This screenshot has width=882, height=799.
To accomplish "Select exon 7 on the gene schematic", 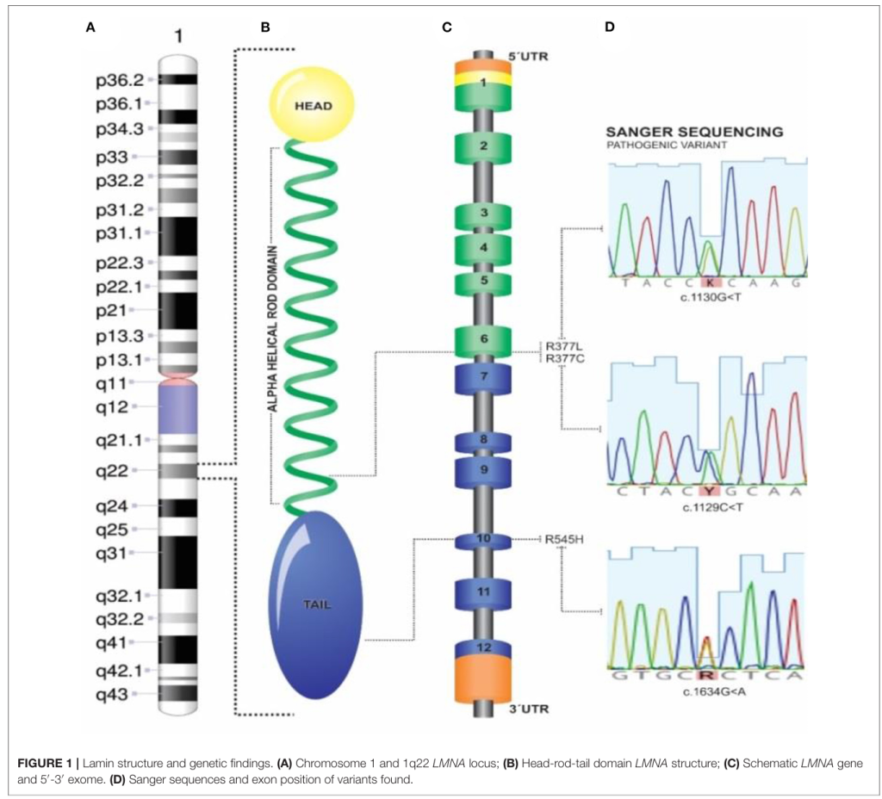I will pyautogui.click(x=484, y=378).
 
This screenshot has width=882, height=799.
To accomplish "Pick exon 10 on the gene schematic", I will pyautogui.click(x=483, y=539).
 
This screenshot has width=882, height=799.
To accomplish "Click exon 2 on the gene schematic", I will pyautogui.click(x=484, y=146).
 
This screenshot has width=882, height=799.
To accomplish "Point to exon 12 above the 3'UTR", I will pyautogui.click(x=484, y=647).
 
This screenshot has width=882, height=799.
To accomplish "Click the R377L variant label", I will pyautogui.click(x=564, y=346).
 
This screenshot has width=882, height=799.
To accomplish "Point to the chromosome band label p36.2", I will pyautogui.click(x=119, y=80).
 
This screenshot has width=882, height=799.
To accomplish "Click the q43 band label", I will pyautogui.click(x=113, y=692).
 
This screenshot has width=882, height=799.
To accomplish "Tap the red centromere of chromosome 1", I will pyautogui.click(x=179, y=378).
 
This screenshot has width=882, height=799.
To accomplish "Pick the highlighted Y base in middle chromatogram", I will pyautogui.click(x=710, y=491).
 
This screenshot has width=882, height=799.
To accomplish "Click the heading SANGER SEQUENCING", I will pyautogui.click(x=694, y=132).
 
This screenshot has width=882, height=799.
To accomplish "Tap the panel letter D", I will pyautogui.click(x=610, y=27).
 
